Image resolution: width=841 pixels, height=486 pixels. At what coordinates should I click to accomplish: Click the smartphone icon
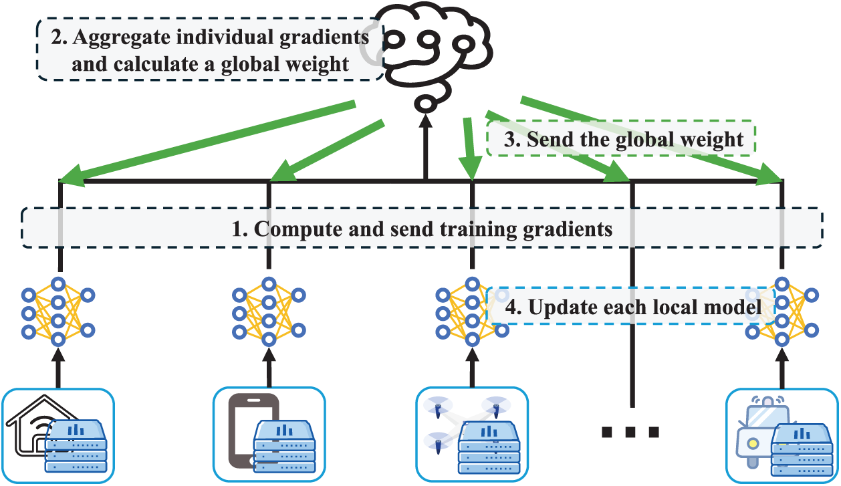point(253,431)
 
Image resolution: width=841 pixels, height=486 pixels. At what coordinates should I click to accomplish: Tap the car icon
point(762,432)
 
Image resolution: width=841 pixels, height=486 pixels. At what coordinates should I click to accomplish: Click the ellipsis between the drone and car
point(630,432)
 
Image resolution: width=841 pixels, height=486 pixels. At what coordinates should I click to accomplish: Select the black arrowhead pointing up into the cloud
point(425,121)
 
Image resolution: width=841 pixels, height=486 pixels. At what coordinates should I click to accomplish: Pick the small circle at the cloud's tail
point(425,104)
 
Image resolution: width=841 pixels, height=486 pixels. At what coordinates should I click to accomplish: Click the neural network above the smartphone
point(269,312)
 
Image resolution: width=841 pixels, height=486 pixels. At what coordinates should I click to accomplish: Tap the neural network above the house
point(58,312)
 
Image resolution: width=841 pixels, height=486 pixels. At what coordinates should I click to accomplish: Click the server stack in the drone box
point(489,447)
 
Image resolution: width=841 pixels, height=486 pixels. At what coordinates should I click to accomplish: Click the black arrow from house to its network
point(58,368)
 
